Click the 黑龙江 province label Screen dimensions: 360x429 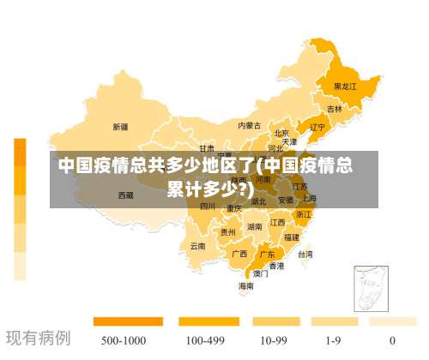click(x=345, y=87)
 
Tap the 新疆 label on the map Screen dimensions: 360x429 click(x=120, y=127)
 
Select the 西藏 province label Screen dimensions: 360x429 click(x=125, y=195)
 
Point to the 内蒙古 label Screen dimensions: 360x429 click(x=249, y=125)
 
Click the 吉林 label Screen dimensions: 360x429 click(x=334, y=110)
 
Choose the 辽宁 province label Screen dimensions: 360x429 click(x=317, y=128)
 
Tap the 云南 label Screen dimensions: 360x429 click(x=197, y=246)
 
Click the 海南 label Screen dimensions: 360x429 click(x=245, y=286)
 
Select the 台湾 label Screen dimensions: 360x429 click(x=305, y=255)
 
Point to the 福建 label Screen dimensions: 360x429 click(x=292, y=237)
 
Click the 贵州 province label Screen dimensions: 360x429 click(x=227, y=232)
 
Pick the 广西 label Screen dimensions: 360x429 click(x=239, y=254)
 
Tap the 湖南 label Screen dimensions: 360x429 click(x=255, y=227)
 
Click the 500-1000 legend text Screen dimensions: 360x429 click(x=122, y=339)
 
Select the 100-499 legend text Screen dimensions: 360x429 click(x=206, y=339)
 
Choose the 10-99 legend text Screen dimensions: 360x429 click(x=273, y=339)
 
